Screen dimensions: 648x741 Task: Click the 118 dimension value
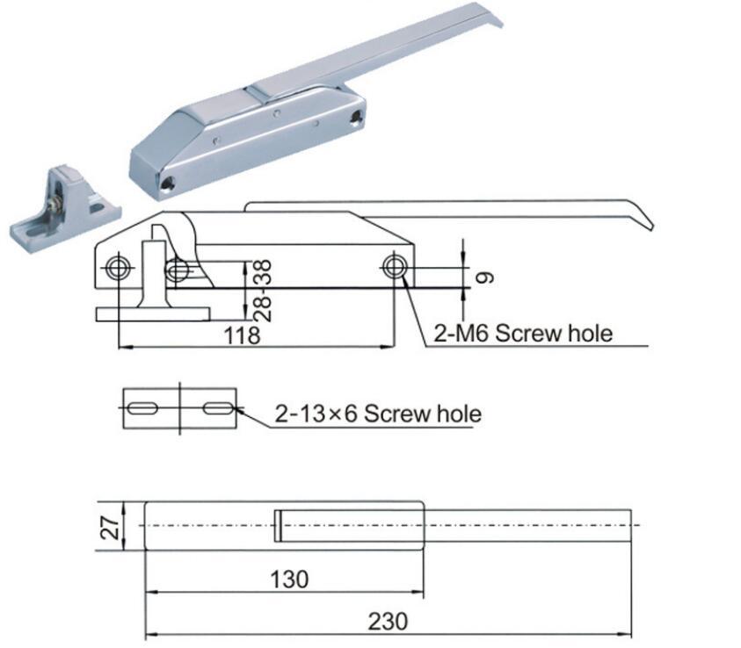pyautogui.click(x=242, y=335)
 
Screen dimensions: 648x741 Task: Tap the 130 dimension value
pyautogui.click(x=290, y=580)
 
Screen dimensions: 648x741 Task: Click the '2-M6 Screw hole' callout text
pyautogui.click(x=523, y=333)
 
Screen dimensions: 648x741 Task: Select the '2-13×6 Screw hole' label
pyautogui.click(x=378, y=413)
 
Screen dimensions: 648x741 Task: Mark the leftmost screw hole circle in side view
pyautogui.click(x=116, y=268)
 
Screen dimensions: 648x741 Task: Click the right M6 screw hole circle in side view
pyautogui.click(x=394, y=267)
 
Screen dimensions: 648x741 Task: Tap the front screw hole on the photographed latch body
pyautogui.click(x=167, y=183)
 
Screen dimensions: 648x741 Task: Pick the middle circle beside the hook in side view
pyautogui.click(x=178, y=269)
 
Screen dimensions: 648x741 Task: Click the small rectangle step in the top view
pyautogui.click(x=277, y=525)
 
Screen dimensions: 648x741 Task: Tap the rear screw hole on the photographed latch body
pyautogui.click(x=355, y=117)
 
